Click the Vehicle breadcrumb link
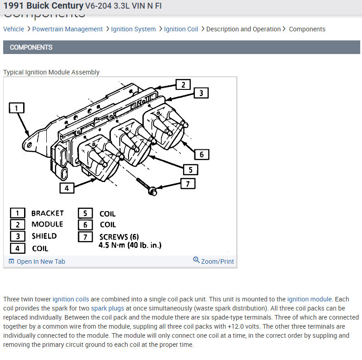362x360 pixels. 14,29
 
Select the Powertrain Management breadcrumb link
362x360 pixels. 68,29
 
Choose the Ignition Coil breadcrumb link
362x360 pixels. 181,29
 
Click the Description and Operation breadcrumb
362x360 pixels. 243,29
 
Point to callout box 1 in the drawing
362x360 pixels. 16,108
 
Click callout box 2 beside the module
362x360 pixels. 183,84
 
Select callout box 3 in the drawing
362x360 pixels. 201,94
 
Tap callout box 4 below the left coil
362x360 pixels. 67,187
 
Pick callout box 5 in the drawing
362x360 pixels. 191,170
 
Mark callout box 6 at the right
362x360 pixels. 202,154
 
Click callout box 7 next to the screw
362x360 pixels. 188,184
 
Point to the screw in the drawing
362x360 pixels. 146,186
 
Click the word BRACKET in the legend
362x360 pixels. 47,213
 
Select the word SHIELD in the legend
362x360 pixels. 44,236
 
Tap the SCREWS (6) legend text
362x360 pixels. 119,237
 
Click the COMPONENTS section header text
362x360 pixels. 31,47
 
